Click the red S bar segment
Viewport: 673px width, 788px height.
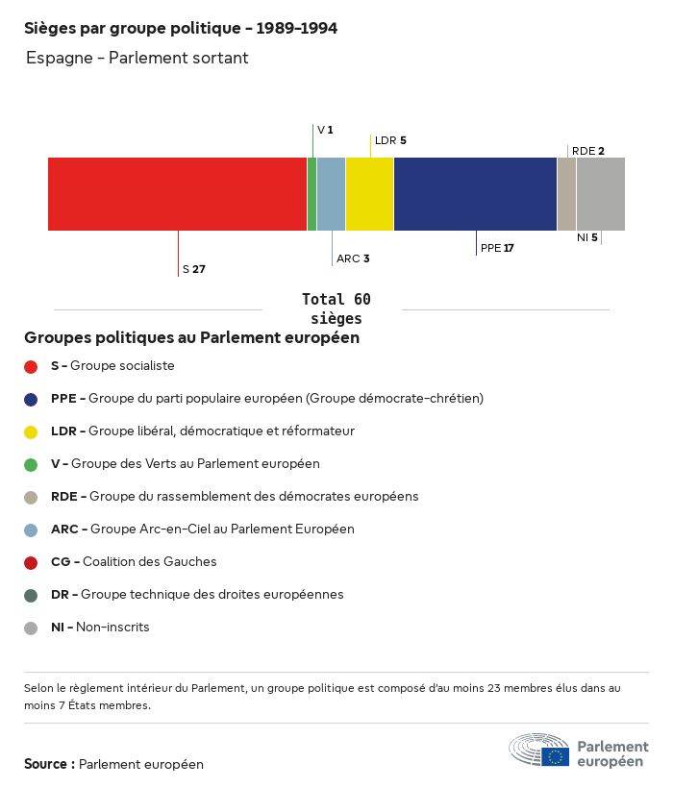(x=177, y=194)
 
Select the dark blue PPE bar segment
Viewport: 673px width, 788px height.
(x=475, y=194)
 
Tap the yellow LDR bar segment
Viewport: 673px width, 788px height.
(x=369, y=194)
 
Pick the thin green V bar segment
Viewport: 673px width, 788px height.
(x=312, y=194)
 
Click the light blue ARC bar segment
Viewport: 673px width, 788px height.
(x=331, y=194)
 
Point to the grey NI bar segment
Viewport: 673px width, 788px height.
(x=601, y=194)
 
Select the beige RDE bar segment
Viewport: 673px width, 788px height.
(x=566, y=194)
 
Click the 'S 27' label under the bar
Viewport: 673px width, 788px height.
(x=193, y=269)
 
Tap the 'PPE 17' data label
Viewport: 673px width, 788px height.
(x=497, y=248)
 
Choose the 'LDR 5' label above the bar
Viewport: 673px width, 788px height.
(x=390, y=140)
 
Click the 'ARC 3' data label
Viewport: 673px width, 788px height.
(x=353, y=259)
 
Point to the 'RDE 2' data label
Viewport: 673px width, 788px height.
(x=587, y=151)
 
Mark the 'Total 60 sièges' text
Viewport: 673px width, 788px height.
(x=336, y=308)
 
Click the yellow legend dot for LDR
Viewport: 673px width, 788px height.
(x=31, y=431)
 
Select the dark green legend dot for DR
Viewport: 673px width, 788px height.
(x=31, y=595)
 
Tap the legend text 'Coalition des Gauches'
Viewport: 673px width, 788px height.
(x=149, y=562)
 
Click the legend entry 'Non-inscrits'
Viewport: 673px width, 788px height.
(x=112, y=628)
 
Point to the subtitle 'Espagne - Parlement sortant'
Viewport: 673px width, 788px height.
(x=137, y=59)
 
